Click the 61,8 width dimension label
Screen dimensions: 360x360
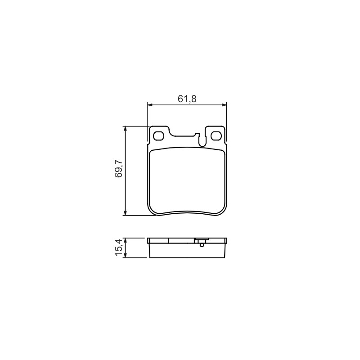[187, 99]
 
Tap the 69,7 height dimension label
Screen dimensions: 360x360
[119, 169]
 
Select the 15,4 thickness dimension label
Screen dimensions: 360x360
[119, 248]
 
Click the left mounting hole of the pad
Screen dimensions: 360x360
[159, 136]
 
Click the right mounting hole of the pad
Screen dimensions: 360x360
[216, 136]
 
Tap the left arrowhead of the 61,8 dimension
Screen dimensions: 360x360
[150, 105]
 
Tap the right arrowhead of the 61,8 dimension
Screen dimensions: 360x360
[224, 105]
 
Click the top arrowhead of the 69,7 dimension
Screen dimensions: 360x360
[125, 129]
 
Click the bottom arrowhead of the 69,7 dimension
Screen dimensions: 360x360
[125, 212]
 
